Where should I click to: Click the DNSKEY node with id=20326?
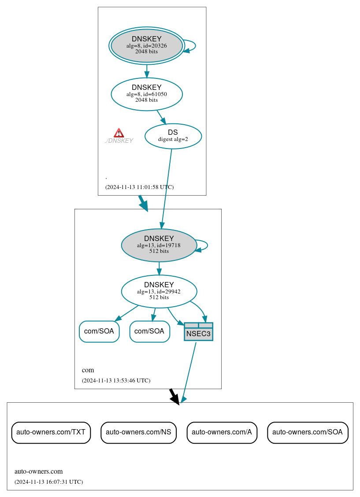(147, 46)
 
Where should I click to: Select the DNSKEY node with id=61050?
(147, 94)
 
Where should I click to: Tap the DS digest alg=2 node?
(173, 136)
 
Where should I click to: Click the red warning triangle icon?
(119, 133)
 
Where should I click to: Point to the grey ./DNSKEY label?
(119, 141)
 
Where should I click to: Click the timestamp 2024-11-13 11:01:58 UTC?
(139, 187)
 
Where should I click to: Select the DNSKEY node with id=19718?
(159, 245)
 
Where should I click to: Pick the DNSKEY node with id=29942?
(159, 291)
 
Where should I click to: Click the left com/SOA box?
(99, 331)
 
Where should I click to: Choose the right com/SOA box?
(149, 331)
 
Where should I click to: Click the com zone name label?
(88, 370)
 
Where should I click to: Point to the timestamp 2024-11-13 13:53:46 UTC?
(116, 380)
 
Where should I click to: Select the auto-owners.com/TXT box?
(51, 432)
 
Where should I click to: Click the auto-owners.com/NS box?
(138, 432)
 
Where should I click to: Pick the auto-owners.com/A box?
(222, 432)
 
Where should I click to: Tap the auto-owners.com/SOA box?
(308, 432)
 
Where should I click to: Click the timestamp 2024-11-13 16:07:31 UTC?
(48, 482)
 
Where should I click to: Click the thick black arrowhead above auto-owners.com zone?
(175, 398)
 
